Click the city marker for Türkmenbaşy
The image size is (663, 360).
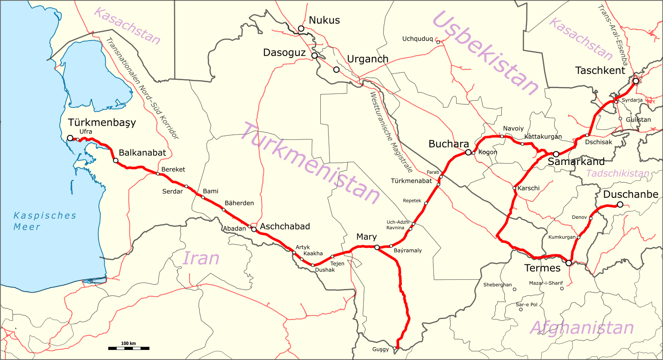click(x=70, y=138)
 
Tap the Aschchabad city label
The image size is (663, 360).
click(x=285, y=226)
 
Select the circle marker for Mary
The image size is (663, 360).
click(x=377, y=247)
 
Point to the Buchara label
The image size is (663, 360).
click(x=448, y=144)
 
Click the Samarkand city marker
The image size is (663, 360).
click(x=556, y=154)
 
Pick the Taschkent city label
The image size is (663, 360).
click(x=600, y=71)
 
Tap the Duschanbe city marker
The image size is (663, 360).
click(x=620, y=205)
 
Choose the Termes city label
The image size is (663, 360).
click(x=542, y=268)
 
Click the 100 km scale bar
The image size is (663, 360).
click(x=128, y=348)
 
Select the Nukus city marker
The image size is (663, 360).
click(x=301, y=29)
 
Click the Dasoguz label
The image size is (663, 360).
click(x=284, y=53)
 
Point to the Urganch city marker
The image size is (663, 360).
click(x=336, y=70)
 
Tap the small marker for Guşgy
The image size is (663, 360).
click(x=395, y=349)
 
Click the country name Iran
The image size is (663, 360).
click(x=201, y=258)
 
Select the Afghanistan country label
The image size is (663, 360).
click(x=582, y=328)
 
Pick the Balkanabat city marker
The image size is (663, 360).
click(x=116, y=160)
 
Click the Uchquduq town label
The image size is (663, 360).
click(x=417, y=39)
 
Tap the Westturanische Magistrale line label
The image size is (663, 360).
click(x=391, y=132)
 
